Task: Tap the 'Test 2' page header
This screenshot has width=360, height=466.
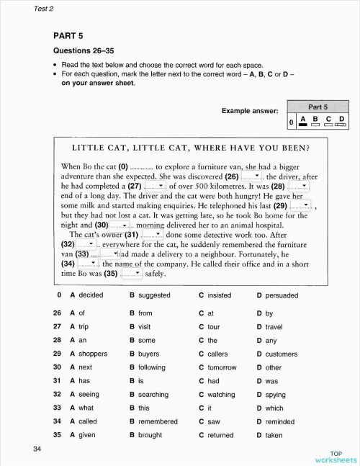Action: pos(45,9)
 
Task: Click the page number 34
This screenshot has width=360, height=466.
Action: pos(37,449)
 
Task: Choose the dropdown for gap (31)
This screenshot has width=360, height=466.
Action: pos(151,234)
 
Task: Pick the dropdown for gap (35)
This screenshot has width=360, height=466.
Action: pos(132,273)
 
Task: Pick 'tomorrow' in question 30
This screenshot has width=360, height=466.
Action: pos(221,367)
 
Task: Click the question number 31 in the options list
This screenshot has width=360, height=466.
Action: pos(57,381)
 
